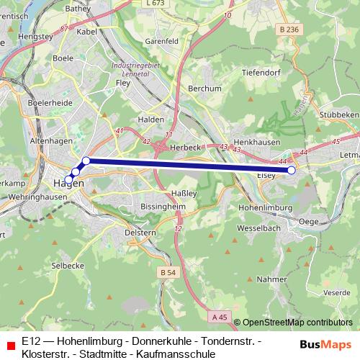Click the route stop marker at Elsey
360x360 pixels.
pyautogui.click(x=292, y=171)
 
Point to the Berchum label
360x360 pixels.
pyautogui.click(x=204, y=89)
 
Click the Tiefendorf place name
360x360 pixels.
pyautogui.click(x=261, y=72)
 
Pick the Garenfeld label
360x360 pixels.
pyautogui.click(x=161, y=42)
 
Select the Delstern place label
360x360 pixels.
pyautogui.click(x=140, y=233)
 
